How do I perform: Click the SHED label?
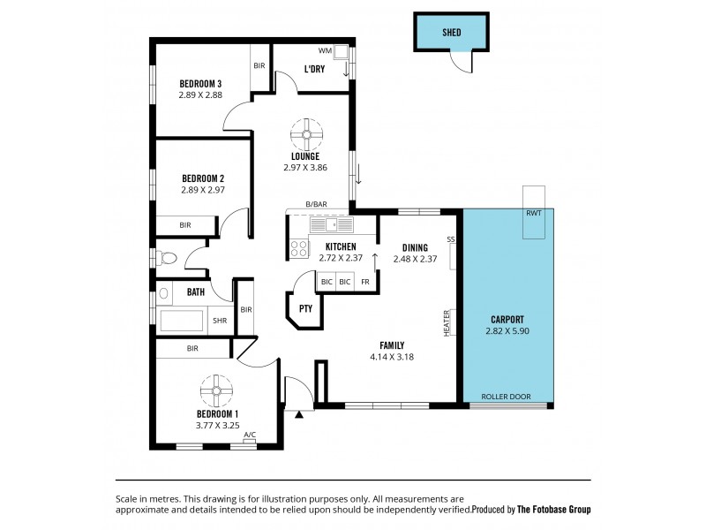pyautogui.click(x=451, y=34)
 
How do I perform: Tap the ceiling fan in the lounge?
pyautogui.click(x=308, y=134)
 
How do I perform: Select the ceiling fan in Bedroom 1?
pyautogui.click(x=216, y=390)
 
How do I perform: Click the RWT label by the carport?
pyautogui.click(x=534, y=214)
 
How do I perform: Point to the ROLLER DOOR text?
pyautogui.click(x=507, y=397)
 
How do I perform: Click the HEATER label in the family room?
pyautogui.click(x=447, y=322)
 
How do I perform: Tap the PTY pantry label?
pyautogui.click(x=305, y=309)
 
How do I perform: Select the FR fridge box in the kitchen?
pyautogui.click(x=365, y=282)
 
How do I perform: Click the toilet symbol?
pyautogui.click(x=168, y=258)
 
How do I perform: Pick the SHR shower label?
pyautogui.click(x=219, y=321)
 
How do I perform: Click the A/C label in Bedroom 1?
pyautogui.click(x=250, y=434)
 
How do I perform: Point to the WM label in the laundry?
pyautogui.click(x=324, y=51)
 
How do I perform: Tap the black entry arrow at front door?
pyautogui.click(x=300, y=413)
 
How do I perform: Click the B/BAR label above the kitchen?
pyautogui.click(x=317, y=204)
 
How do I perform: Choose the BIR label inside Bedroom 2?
pyautogui.click(x=185, y=225)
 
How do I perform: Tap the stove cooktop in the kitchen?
pyautogui.click(x=299, y=249)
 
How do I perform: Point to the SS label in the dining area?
pyautogui.click(x=450, y=239)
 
